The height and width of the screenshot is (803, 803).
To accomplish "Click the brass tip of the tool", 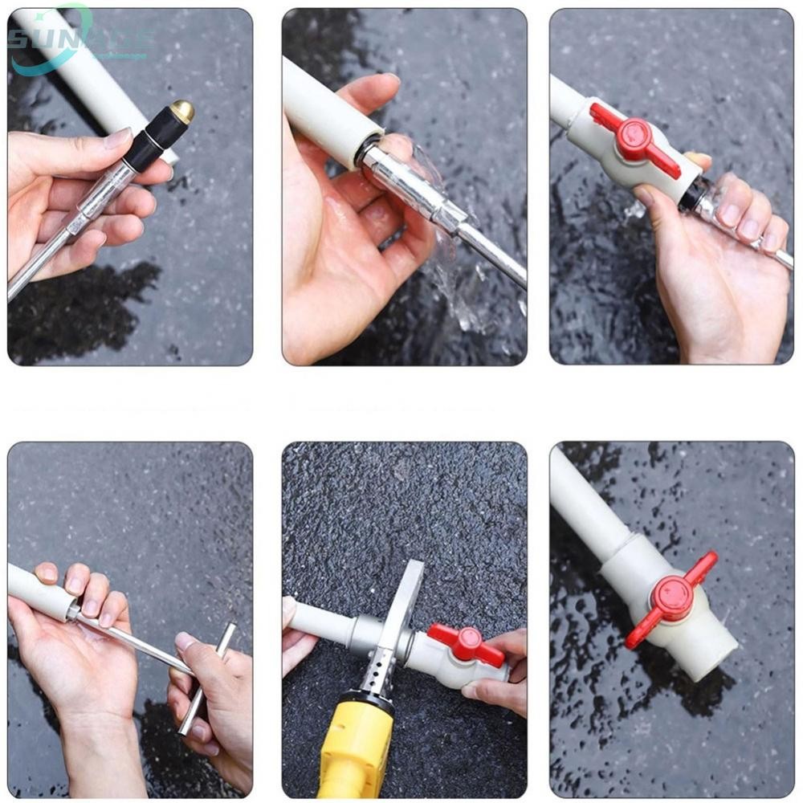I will coord(182,112).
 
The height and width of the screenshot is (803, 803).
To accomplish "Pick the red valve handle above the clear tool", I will coord(634,139).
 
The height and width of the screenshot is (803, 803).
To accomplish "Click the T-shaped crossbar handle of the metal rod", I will coord(207,679).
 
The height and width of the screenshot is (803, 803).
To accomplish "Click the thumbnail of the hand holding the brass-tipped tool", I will coord(118,138).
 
